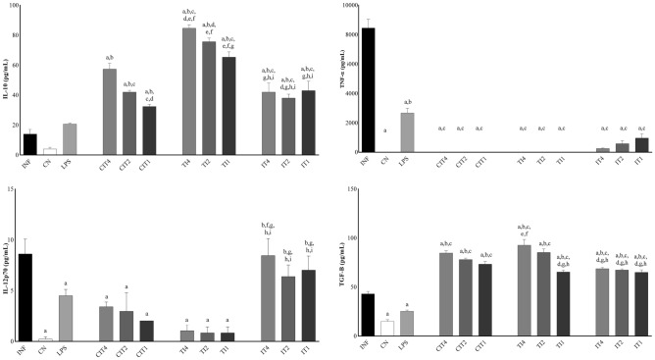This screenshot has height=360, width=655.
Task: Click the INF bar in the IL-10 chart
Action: click(30, 143)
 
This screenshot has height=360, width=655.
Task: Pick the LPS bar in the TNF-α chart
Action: click(407, 133)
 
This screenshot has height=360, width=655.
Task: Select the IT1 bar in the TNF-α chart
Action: click(642, 145)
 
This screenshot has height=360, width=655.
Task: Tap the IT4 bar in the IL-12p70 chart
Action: click(267, 298)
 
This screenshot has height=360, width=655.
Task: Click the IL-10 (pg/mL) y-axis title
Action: click(5, 78)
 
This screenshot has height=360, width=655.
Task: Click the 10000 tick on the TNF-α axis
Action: click(346, 6)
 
